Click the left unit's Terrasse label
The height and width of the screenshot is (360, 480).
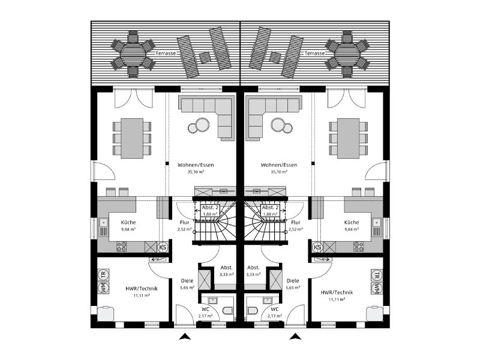point(166,53)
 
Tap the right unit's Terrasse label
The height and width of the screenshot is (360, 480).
point(314,53)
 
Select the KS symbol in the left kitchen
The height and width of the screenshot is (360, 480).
point(163,247)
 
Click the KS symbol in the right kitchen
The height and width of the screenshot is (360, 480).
point(317,247)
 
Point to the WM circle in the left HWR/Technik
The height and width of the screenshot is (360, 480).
point(103,288)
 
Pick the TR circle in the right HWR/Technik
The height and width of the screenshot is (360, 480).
point(377,275)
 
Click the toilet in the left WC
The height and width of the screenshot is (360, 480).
point(229,311)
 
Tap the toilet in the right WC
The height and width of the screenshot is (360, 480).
point(252,311)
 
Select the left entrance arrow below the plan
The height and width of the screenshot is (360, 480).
point(185,337)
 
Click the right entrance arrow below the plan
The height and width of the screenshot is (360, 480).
point(295,337)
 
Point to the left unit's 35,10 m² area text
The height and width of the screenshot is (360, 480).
point(196,172)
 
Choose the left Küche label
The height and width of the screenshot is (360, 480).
point(128,223)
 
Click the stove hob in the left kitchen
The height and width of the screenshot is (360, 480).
point(122,247)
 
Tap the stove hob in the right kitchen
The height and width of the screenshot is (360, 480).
point(359,247)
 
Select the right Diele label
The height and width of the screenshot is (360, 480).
point(293,281)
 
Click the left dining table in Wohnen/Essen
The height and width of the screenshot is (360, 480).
point(132,139)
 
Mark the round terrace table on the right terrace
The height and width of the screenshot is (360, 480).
point(347,53)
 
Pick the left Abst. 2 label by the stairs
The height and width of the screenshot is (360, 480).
point(210,208)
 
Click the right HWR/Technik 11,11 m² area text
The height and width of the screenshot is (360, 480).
point(337,299)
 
